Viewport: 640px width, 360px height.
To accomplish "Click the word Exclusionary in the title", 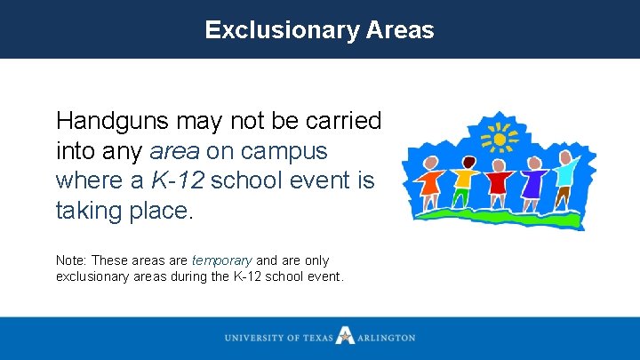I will (x=283, y=30).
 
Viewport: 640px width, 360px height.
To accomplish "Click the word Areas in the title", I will (x=399, y=30).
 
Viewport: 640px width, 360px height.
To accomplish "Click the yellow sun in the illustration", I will (x=500, y=140).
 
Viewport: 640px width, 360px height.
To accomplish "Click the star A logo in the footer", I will (x=345, y=337).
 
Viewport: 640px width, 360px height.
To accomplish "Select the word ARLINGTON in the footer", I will (x=386, y=338).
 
